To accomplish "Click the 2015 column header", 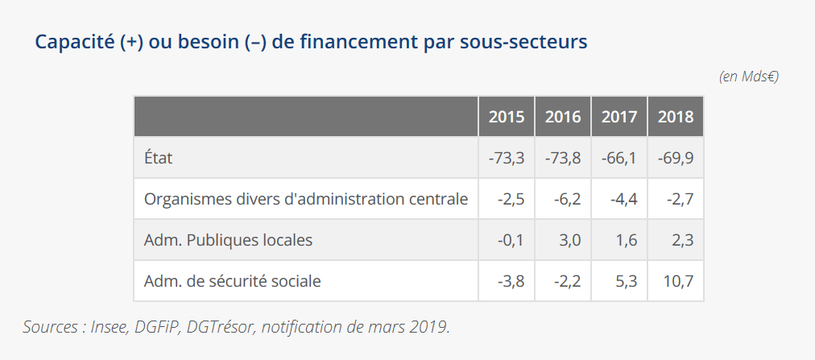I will click(507, 117).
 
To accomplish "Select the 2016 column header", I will click(563, 117).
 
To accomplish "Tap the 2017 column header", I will click(619, 117).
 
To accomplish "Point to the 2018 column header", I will click(676, 117).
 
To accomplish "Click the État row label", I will click(158, 158).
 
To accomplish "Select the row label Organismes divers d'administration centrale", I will click(306, 199).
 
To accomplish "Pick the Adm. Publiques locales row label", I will click(228, 240).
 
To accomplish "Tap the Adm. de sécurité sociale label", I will click(232, 281).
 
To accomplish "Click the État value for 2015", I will click(507, 158).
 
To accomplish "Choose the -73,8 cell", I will click(563, 158).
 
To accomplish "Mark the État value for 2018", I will click(676, 158).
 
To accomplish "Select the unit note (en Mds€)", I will click(748, 77).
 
